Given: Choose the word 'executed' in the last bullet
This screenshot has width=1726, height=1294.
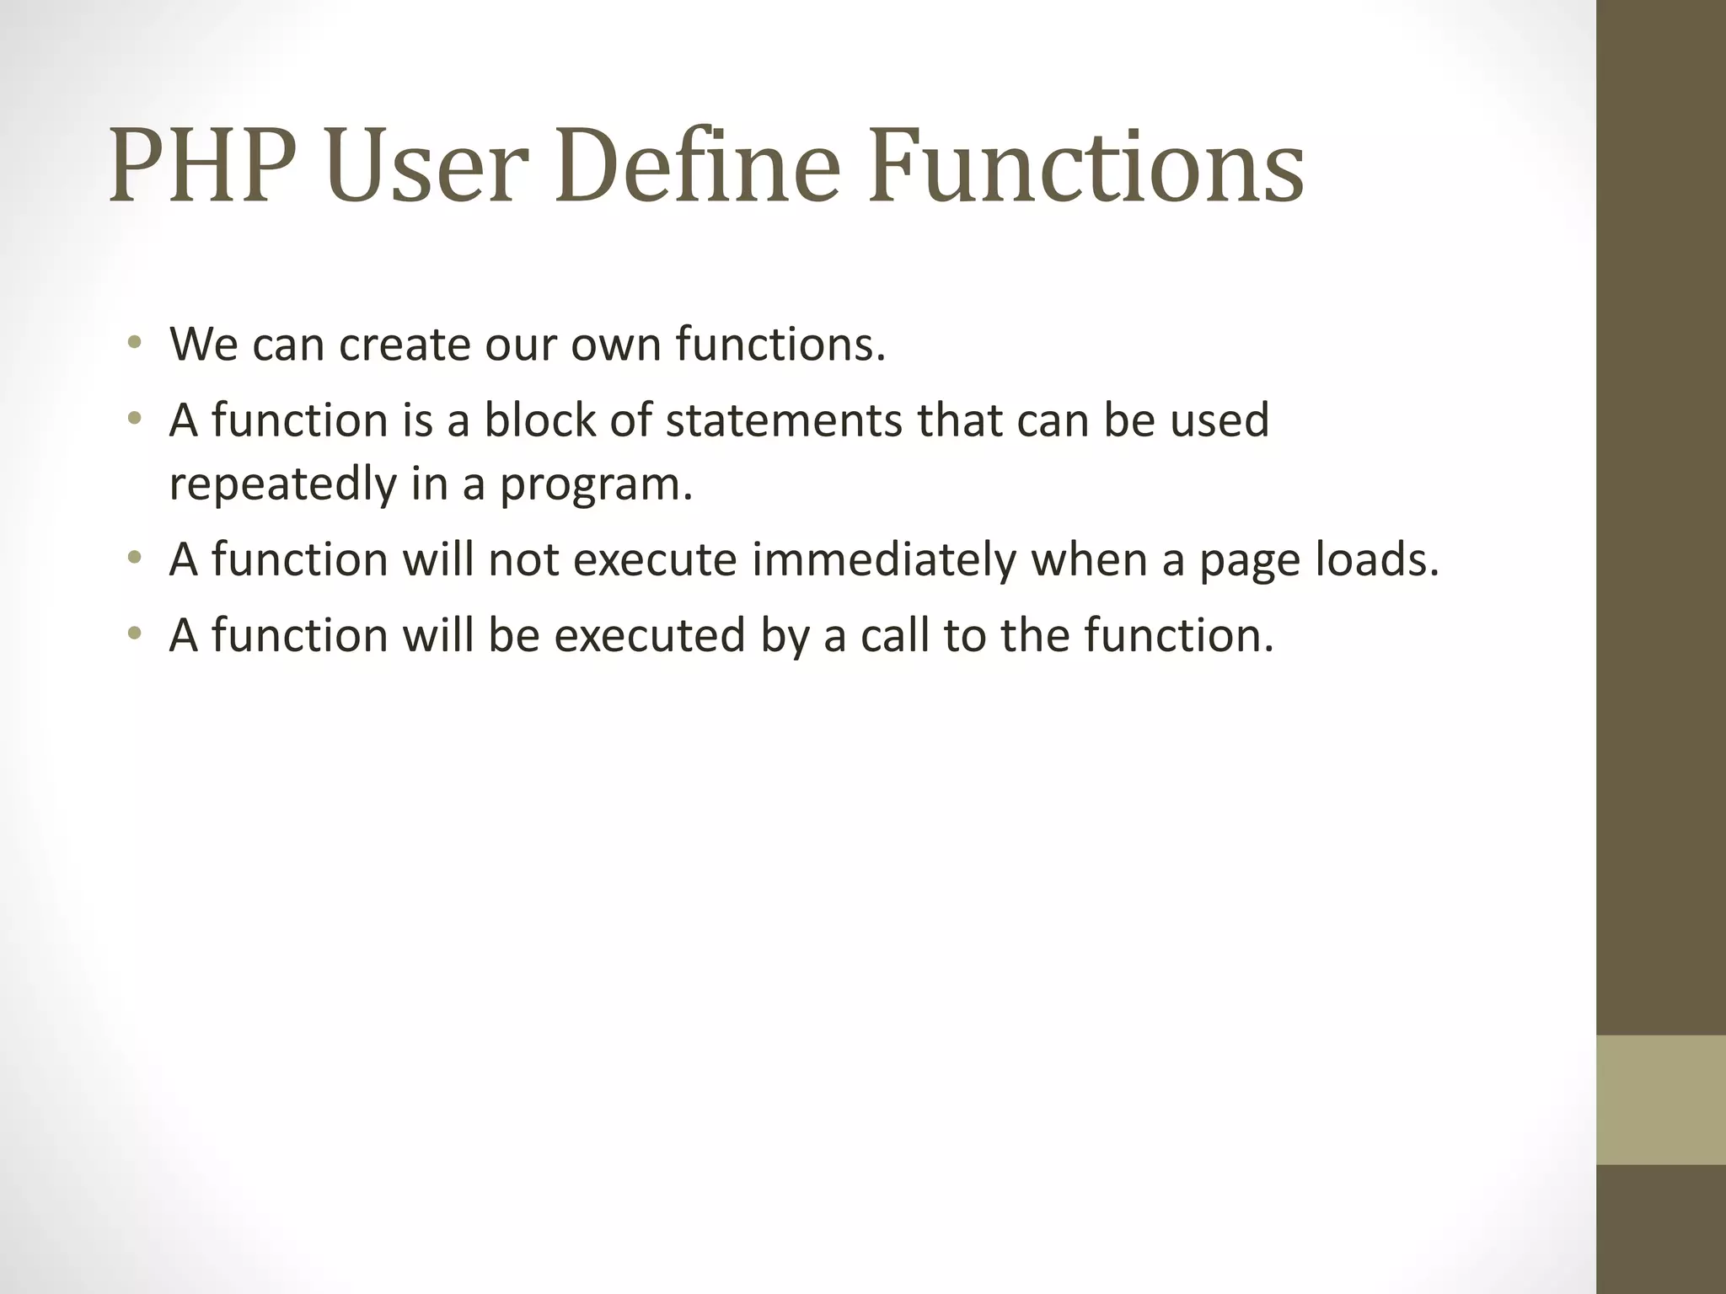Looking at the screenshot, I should (x=649, y=634).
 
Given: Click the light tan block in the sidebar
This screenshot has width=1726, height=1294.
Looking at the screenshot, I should (x=1660, y=1099).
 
